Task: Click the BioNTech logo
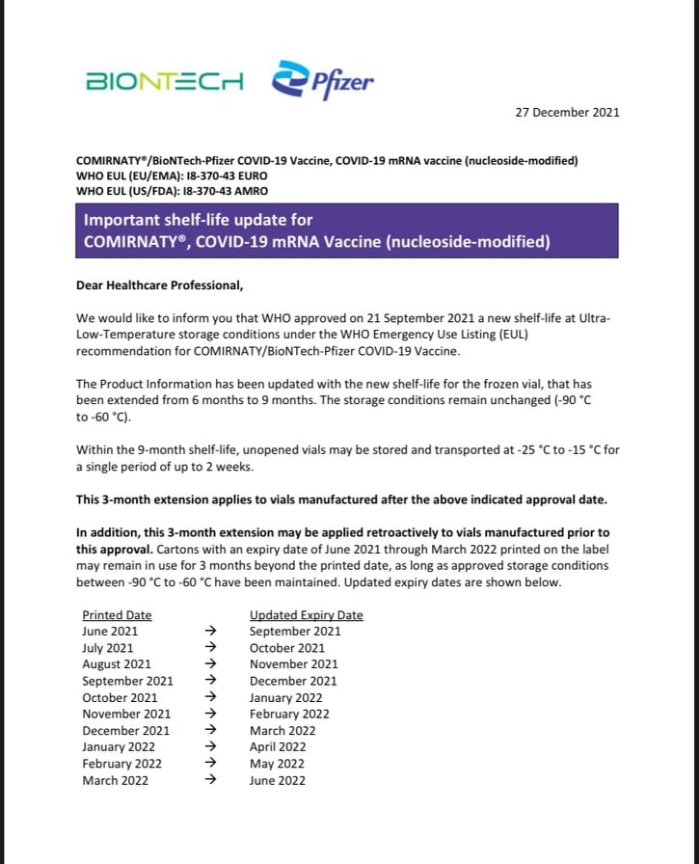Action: (x=165, y=81)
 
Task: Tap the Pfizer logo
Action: (x=323, y=80)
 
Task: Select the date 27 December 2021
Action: (x=567, y=112)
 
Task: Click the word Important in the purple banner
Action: (x=121, y=220)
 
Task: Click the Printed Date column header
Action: (x=117, y=615)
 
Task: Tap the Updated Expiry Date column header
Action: (x=306, y=615)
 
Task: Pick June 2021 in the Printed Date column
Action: (x=108, y=632)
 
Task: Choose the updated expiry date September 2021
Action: (x=295, y=632)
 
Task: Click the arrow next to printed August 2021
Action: (x=211, y=664)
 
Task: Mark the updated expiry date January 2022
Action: (x=285, y=697)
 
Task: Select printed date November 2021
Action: (x=126, y=715)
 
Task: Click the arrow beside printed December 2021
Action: (x=211, y=731)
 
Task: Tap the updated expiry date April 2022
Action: (x=278, y=747)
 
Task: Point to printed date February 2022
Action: (x=121, y=764)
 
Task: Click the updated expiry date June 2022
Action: (x=277, y=780)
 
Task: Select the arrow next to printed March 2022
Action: (x=211, y=780)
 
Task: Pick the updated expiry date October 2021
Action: (x=287, y=648)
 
